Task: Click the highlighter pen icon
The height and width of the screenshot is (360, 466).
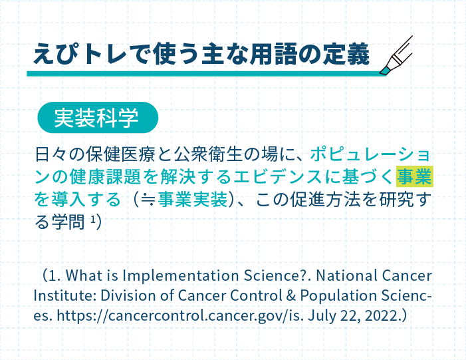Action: coord(397,55)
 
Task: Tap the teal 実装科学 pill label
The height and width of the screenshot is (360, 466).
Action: coord(98,118)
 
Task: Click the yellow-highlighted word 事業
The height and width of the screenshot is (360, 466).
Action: coord(415,176)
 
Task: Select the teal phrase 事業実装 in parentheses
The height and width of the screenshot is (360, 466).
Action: coord(193,199)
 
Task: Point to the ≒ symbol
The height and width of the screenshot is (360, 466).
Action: coord(148,199)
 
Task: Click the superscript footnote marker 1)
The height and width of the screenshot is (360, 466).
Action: coord(96,221)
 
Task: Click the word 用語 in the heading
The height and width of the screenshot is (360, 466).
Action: coord(273,54)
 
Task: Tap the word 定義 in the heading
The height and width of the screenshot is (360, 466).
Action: coord(346,54)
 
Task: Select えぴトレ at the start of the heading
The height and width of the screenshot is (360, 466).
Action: coord(80,54)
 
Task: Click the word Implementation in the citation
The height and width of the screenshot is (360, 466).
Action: coord(181,275)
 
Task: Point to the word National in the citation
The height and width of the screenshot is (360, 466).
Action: coord(346,275)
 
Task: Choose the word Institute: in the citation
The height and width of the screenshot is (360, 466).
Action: coord(64,295)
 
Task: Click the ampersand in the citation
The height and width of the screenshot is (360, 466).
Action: coord(291,295)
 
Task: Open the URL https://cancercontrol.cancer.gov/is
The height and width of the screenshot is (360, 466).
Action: coord(179,315)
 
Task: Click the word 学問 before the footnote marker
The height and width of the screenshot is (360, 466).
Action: coord(68,222)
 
